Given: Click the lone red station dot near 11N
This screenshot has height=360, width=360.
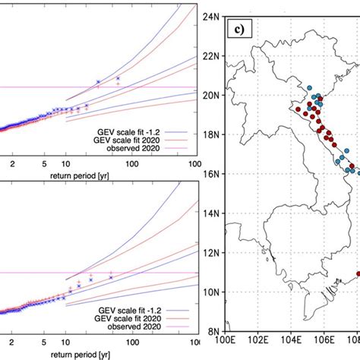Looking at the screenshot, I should [355, 274].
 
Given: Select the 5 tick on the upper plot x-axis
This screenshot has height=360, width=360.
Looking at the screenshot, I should [45, 163].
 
